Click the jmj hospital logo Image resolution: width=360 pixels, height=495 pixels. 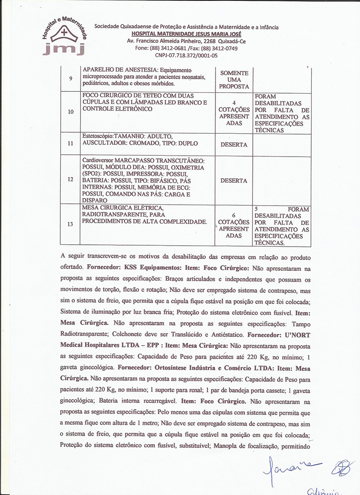(63, 38)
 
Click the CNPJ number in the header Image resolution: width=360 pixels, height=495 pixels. (186, 55)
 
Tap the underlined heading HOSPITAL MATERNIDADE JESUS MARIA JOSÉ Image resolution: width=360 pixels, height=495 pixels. (186, 34)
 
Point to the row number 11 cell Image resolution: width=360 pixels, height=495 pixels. (70, 144)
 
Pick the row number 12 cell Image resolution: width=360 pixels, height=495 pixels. (70, 179)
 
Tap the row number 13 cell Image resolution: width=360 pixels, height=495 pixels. (70, 225)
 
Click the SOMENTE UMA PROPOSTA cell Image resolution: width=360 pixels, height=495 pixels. (234, 79)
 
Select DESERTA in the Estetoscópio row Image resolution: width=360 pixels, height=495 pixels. (234, 145)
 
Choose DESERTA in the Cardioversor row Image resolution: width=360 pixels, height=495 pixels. (234, 180)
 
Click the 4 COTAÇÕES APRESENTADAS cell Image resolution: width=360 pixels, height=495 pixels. (234, 112)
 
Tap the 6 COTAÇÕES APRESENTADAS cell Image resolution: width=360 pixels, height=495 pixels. (234, 225)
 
